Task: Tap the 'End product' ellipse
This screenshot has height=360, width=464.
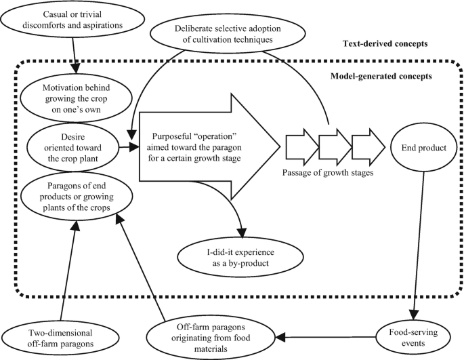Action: (415, 146)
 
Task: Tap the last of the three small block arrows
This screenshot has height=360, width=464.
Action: (366, 146)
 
